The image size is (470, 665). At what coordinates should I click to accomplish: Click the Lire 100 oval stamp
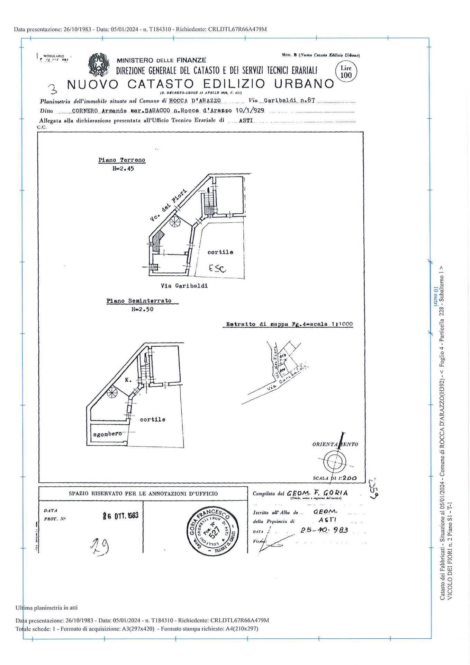click(346, 72)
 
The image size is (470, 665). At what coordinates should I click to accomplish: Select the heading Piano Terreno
click(122, 160)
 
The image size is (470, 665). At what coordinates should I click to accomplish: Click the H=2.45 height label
click(123, 169)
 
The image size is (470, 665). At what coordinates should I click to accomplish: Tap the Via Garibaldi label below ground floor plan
click(184, 286)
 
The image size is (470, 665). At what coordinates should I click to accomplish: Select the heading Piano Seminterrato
click(139, 301)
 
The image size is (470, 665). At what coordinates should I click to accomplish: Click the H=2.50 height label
click(142, 309)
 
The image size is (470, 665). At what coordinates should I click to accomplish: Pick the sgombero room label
click(107, 434)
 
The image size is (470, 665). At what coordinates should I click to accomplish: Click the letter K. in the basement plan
click(128, 380)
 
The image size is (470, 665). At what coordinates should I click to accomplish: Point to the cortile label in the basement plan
click(153, 419)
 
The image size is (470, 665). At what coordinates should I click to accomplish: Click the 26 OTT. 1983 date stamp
click(121, 516)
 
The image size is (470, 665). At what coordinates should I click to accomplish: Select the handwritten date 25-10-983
click(324, 530)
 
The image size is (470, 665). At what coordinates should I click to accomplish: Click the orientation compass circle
click(335, 462)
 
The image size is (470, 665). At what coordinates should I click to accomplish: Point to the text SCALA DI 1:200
click(335, 478)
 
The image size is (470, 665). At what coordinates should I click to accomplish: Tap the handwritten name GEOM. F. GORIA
click(317, 493)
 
